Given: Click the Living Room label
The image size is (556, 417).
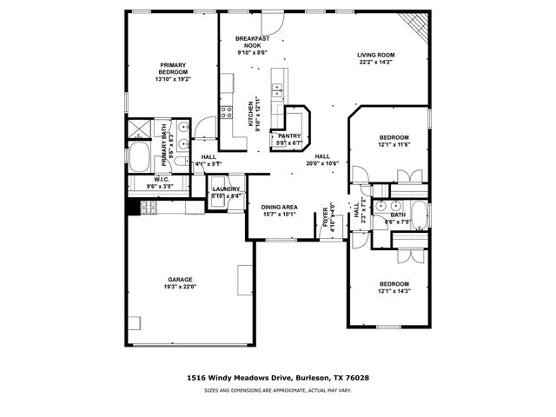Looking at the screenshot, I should pos(375,55).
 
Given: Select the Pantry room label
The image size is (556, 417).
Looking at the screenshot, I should pos(288,136).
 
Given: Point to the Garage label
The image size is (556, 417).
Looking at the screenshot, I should pos(180,280).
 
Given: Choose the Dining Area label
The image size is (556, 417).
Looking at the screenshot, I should pos(279,207).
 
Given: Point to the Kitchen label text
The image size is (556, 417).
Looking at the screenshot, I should pos(251,109).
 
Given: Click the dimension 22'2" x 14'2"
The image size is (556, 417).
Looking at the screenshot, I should pos(375,63).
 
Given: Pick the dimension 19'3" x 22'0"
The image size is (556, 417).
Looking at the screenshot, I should pos(180,288).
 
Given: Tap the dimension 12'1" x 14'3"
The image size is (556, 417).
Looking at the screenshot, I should pos(394,291).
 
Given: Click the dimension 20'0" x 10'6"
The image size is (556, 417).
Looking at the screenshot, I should pos(321,162).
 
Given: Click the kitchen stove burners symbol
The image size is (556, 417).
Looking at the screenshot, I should pos(226,111).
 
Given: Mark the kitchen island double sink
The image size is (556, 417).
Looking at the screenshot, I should pos(279,87).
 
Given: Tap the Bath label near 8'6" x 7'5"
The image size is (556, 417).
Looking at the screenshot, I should pos(397,215).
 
